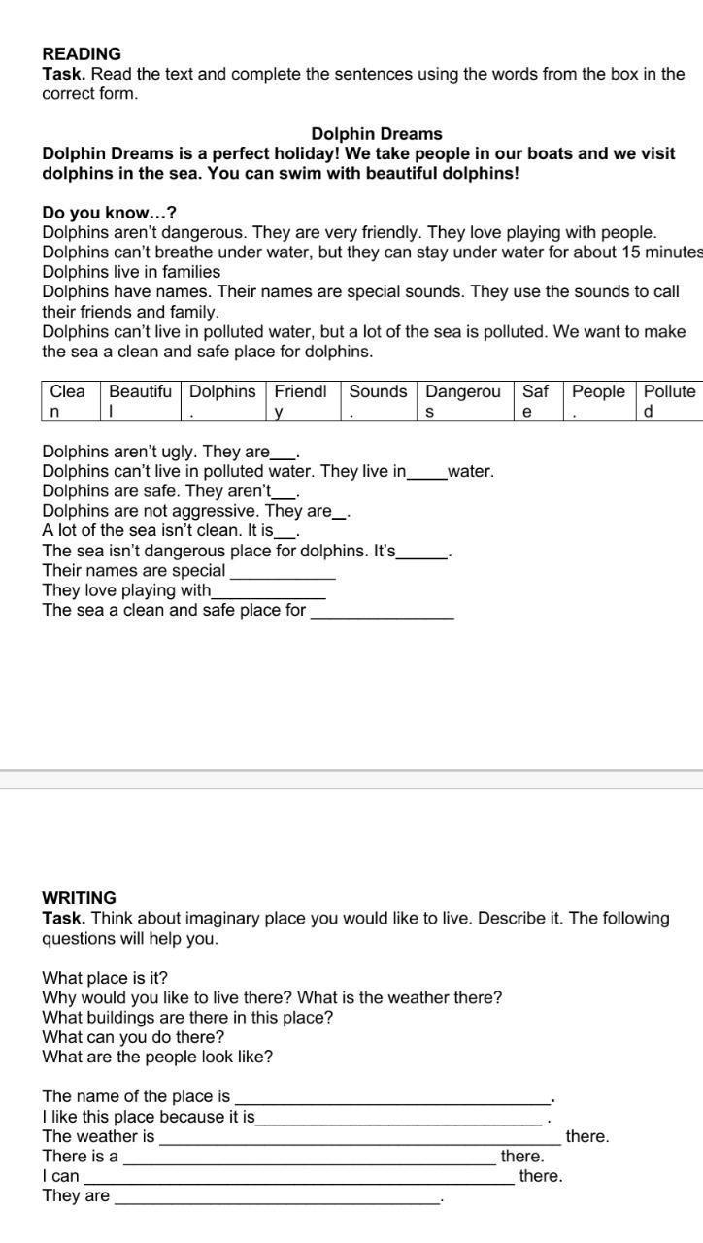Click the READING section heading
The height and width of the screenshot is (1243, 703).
pyautogui.click(x=82, y=53)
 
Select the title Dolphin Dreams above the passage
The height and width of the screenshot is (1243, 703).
pyautogui.click(x=377, y=134)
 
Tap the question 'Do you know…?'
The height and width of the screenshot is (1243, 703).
pyautogui.click(x=109, y=213)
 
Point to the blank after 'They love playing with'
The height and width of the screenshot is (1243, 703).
pyautogui.click(x=268, y=592)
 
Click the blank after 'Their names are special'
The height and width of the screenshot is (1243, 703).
pyautogui.click(x=282, y=573)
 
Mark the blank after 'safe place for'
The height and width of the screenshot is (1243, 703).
pyautogui.click(x=382, y=613)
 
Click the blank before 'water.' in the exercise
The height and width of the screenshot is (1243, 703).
pyautogui.click(x=426, y=474)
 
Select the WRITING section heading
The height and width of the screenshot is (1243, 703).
pyautogui.click(x=79, y=898)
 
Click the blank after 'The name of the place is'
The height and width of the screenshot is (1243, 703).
pyautogui.click(x=392, y=1099)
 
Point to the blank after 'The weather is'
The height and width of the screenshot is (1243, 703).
pyautogui.click(x=359, y=1139)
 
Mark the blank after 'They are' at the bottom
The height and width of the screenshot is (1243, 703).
pyautogui.click(x=277, y=1199)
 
